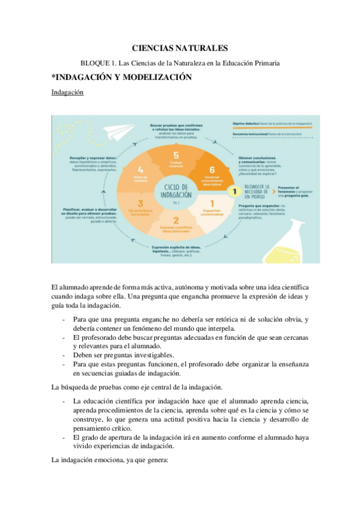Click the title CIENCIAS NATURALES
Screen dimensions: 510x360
pos(180,49)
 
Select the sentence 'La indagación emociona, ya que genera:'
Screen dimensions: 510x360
pos(111,460)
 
